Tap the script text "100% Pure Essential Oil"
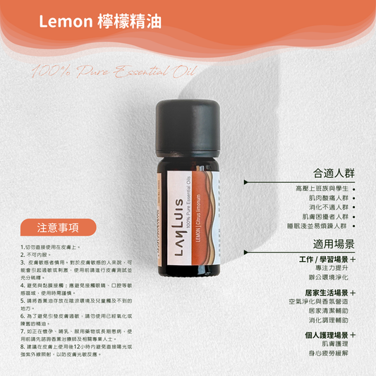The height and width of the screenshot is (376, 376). coord(113,71)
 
